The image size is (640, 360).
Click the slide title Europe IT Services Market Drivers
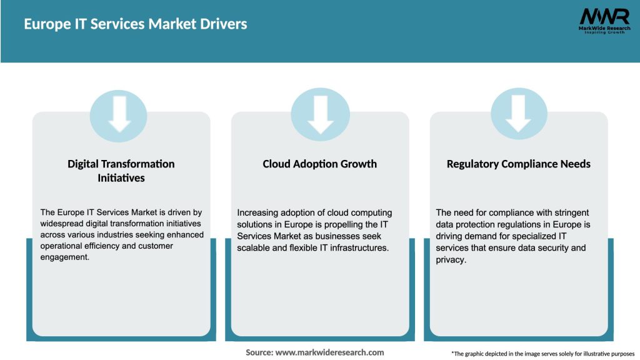[136, 24]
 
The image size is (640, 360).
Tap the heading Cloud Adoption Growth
[319, 164]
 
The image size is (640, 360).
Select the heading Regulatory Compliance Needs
[518, 164]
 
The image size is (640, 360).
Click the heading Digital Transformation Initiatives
[121, 171]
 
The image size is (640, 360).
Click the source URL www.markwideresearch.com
[329, 352]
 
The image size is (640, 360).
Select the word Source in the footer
[259, 352]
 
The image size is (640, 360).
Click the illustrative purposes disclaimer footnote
[542, 354]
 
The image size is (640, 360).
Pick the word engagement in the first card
[65, 257]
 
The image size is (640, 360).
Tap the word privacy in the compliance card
[450, 259]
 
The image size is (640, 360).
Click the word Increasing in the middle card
[259, 213]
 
